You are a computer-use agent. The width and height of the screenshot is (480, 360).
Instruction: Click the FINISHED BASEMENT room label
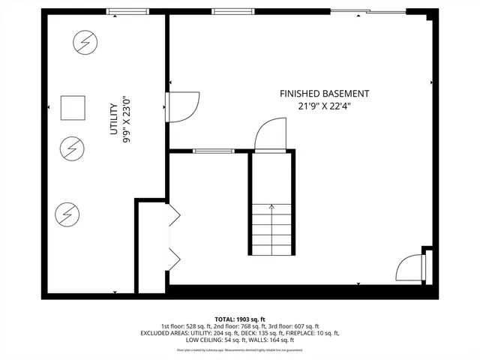[324, 94]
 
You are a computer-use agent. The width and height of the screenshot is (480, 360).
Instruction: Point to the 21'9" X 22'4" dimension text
[324, 106]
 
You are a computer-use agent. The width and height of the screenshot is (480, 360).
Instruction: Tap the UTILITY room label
[114, 119]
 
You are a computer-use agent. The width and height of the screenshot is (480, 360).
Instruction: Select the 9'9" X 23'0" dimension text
[126, 119]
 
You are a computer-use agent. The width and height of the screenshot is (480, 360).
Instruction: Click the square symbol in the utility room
[73, 108]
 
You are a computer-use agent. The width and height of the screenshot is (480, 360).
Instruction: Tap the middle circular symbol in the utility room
[73, 149]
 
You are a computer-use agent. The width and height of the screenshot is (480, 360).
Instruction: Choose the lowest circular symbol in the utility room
[67, 215]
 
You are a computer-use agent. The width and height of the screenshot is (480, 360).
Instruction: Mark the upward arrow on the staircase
[271, 208]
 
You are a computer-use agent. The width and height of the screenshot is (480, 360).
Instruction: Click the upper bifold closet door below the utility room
[174, 216]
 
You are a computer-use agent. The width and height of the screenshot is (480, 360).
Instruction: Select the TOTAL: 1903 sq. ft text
[240, 319]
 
